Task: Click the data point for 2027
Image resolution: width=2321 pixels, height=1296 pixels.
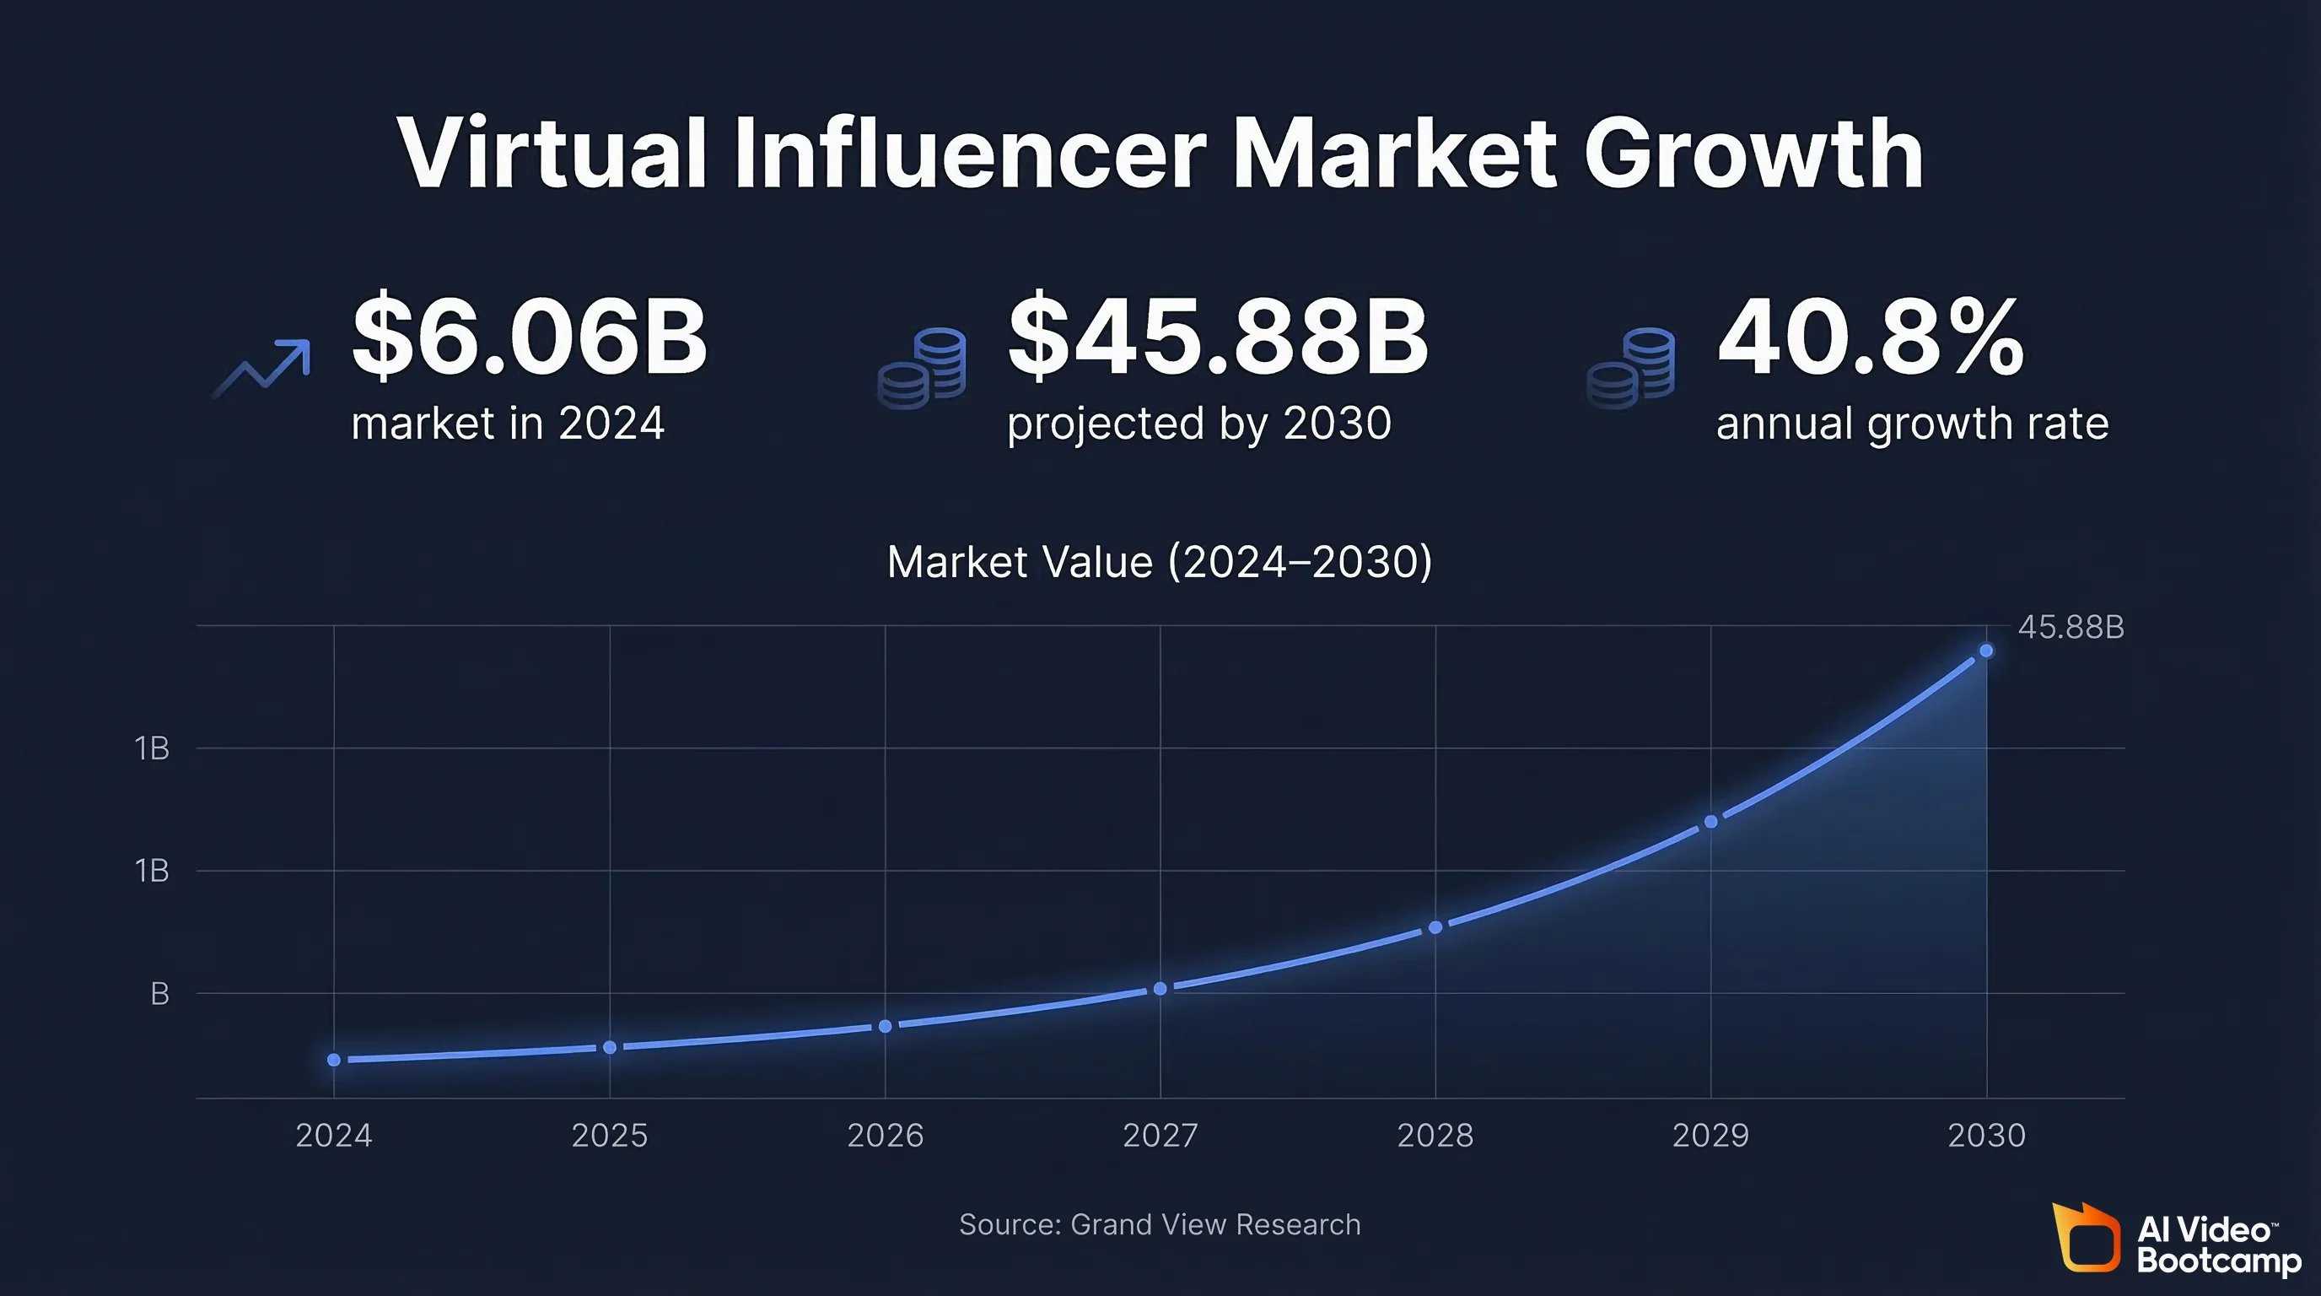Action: click(1160, 989)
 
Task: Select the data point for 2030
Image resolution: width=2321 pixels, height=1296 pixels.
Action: click(1986, 651)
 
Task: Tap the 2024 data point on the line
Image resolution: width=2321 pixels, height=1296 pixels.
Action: click(334, 1060)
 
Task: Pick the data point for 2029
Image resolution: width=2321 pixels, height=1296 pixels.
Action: click(1711, 822)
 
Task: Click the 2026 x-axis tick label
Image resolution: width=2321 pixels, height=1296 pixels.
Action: click(885, 1135)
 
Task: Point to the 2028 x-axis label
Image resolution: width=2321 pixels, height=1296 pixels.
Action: click(1435, 1135)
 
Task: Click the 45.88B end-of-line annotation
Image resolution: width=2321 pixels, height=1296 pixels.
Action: click(2071, 627)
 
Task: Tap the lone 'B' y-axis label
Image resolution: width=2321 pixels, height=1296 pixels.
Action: click(159, 994)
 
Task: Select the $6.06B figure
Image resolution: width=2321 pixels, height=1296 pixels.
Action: click(529, 337)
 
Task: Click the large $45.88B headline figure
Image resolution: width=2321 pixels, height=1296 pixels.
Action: click(1217, 337)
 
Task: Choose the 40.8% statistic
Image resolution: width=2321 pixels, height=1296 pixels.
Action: click(1871, 337)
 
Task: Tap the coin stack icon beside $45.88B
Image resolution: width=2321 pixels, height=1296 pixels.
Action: click(922, 369)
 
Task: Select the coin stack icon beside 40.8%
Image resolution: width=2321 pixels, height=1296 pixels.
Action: click(1631, 369)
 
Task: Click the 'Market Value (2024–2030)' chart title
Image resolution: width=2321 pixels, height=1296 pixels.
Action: click(1160, 563)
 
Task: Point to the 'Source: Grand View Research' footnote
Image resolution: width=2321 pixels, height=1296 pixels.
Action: click(1160, 1225)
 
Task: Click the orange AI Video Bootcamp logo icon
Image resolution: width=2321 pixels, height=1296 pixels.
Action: click(2087, 1238)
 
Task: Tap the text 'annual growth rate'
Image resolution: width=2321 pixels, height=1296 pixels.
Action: click(1912, 424)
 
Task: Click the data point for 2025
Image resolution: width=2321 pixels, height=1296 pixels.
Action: click(610, 1047)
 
